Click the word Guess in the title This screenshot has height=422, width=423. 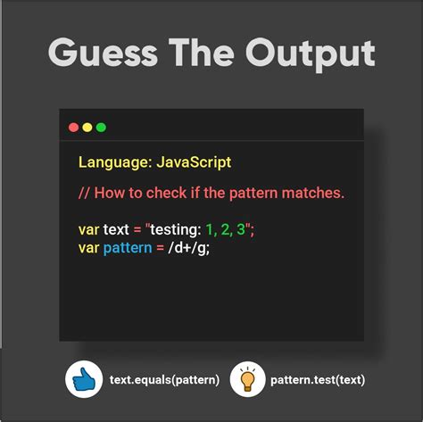point(103,53)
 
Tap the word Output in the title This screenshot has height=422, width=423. point(311,55)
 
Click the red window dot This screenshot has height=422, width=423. point(73,128)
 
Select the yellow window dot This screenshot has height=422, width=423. point(87,128)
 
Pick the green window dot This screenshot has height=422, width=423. point(101,128)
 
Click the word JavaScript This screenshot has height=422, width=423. point(194,163)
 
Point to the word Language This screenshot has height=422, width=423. point(115,163)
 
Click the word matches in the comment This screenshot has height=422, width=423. point(313,193)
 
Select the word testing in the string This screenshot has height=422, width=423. point(176,230)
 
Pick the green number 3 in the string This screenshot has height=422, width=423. point(241,229)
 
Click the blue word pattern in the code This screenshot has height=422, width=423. point(128,248)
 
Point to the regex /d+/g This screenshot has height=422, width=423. point(189,248)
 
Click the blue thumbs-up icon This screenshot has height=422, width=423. point(84,379)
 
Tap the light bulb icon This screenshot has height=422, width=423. point(247,379)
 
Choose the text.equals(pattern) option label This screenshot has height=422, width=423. point(164,380)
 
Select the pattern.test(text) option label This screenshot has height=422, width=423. point(318,380)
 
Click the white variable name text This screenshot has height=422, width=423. point(116,229)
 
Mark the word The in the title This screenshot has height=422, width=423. point(202,53)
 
